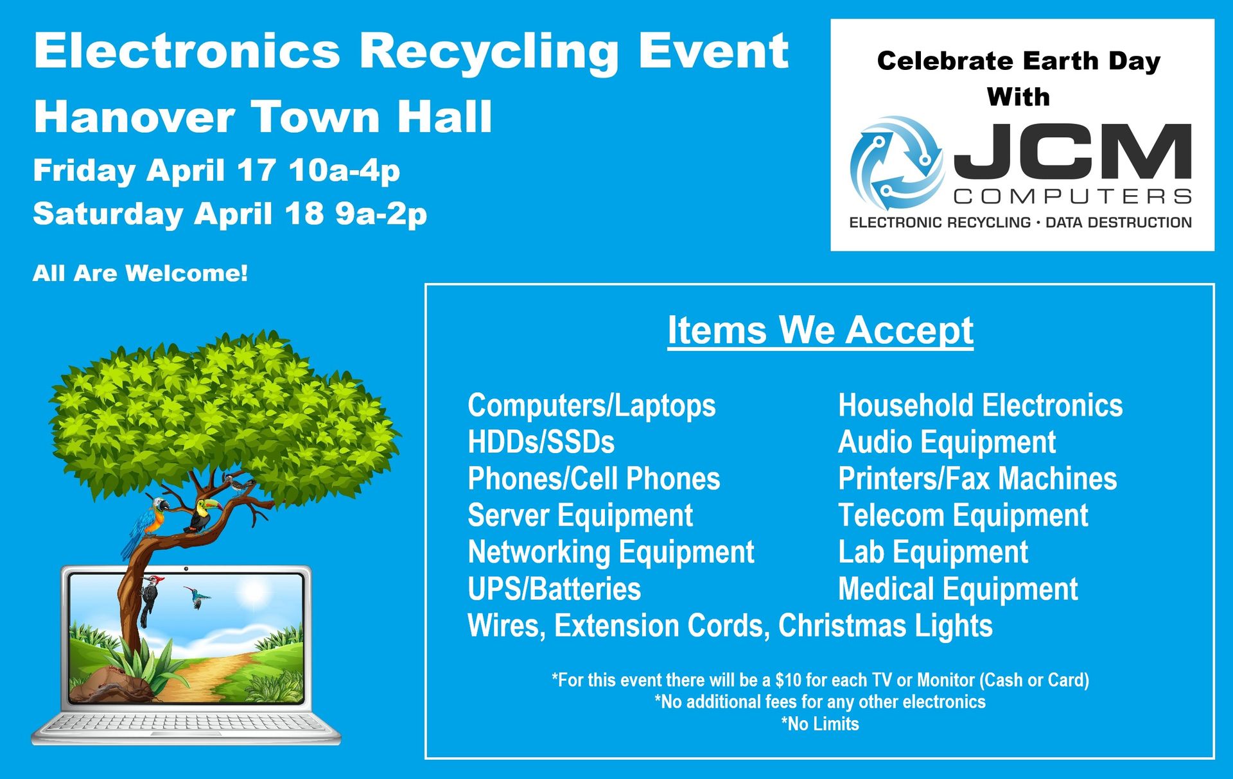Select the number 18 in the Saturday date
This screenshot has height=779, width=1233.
304,213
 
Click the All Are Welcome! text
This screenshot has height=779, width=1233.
140,273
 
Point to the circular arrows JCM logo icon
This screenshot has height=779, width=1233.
896,163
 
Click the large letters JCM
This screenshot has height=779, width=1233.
1073,151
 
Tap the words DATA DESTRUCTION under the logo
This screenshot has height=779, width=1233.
1119,223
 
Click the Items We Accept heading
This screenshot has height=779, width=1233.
820,330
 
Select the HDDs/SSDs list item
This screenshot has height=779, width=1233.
541,442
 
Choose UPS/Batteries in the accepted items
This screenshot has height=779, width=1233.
554,589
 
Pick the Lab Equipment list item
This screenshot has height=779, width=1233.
933,552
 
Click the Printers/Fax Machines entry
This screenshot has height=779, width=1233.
977,479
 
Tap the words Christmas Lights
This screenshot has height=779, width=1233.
886,626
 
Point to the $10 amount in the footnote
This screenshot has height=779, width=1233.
788,680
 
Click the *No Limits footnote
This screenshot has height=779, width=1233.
820,724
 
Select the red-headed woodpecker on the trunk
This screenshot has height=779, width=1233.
151,599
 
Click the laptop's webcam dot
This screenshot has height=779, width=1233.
186,569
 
